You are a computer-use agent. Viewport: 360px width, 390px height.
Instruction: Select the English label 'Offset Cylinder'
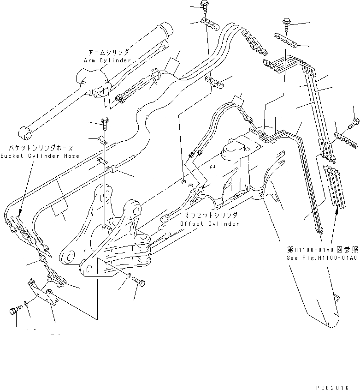point(210,224)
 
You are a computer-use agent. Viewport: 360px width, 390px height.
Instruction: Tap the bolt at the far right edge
point(354,122)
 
